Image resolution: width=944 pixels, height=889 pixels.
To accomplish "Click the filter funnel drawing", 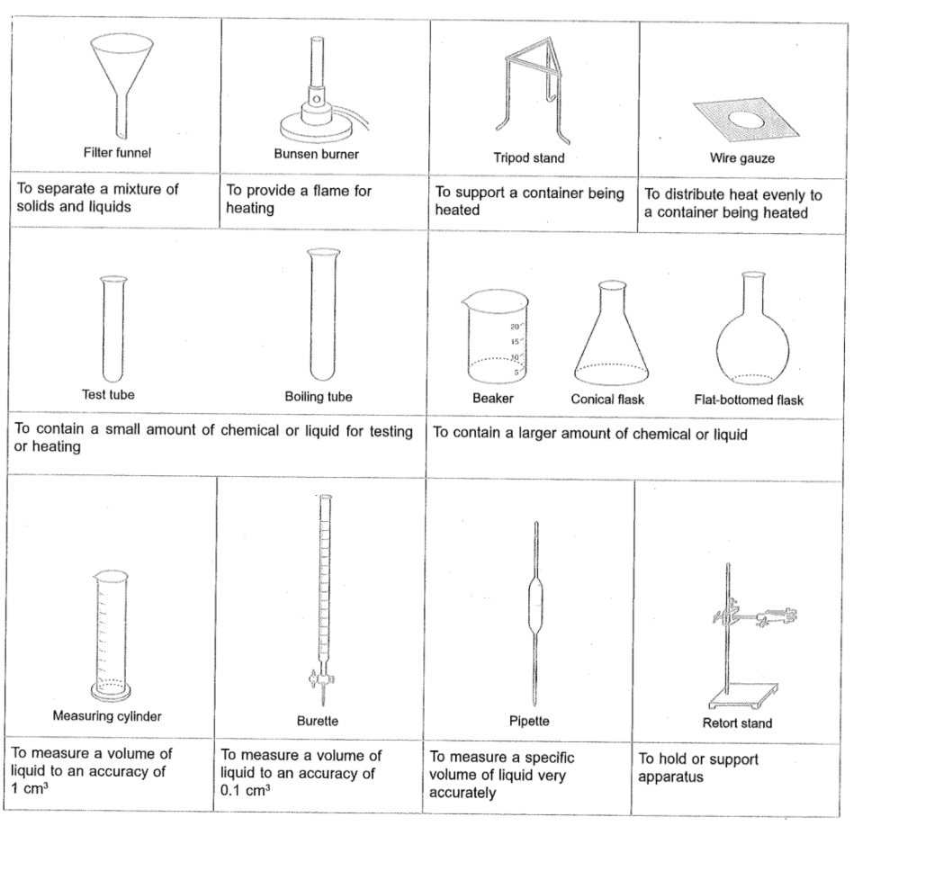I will click(x=116, y=76).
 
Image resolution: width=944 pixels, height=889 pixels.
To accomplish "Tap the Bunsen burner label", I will click(x=316, y=154).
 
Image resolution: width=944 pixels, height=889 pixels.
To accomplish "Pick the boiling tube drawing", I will click(x=318, y=315).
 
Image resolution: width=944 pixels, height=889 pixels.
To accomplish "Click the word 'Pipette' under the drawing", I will click(x=529, y=721).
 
